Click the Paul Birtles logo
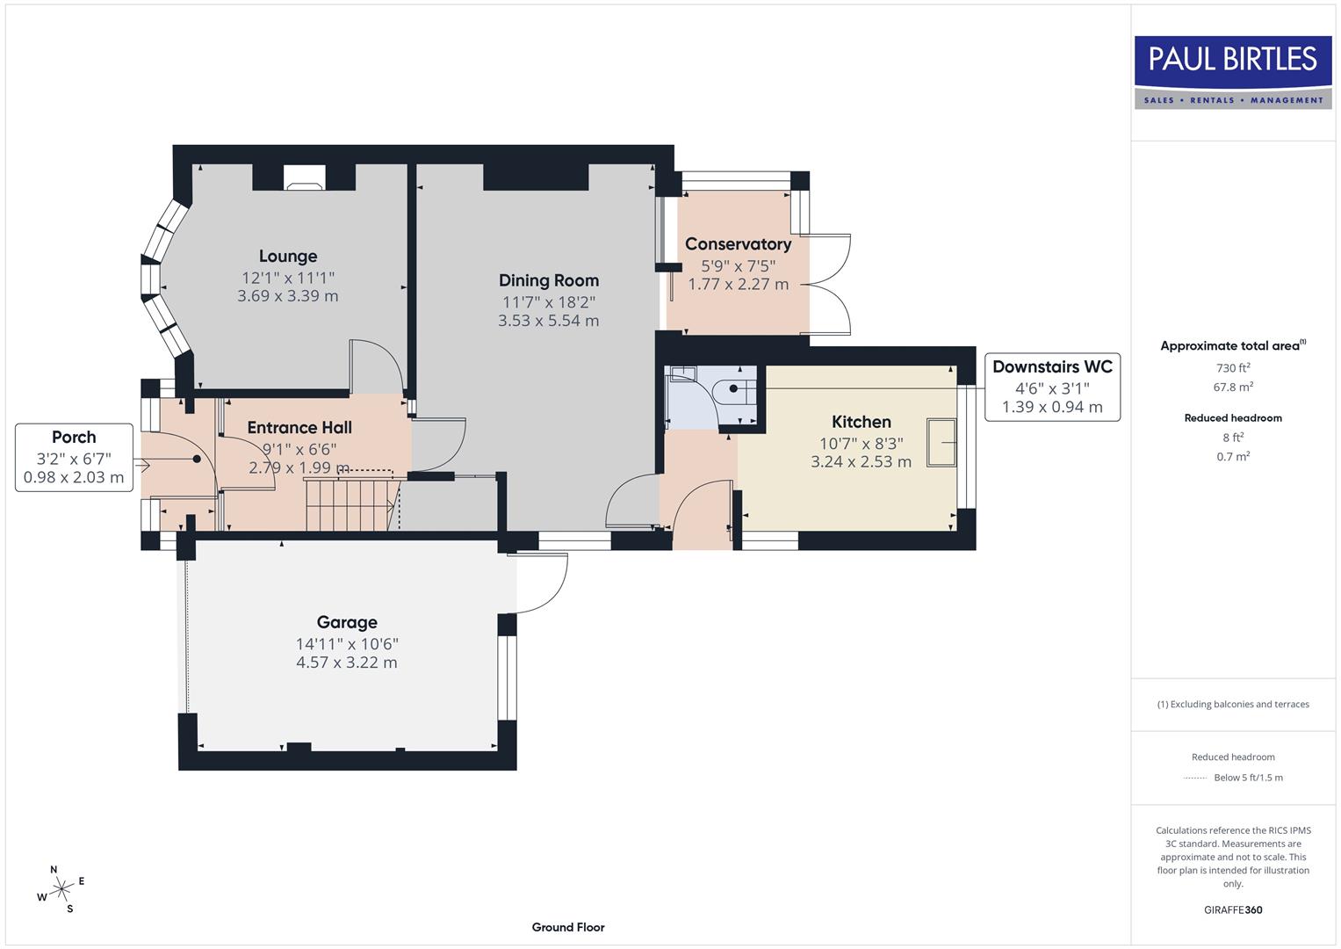click(x=1232, y=72)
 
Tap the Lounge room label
click(x=288, y=257)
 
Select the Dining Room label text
click(x=549, y=280)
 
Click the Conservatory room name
click(x=738, y=244)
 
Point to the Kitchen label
click(x=861, y=422)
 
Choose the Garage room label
click(x=347, y=622)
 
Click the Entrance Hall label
click(x=299, y=428)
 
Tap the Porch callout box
click(x=75, y=457)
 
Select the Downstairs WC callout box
click(x=1052, y=387)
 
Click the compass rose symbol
click(x=61, y=889)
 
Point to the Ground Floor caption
click(x=568, y=927)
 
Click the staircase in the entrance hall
click(x=350, y=503)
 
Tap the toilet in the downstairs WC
click(x=734, y=388)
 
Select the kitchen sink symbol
click(x=943, y=441)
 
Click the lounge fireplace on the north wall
click(x=304, y=180)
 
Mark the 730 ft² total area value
click(x=1233, y=368)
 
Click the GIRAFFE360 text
click(x=1233, y=909)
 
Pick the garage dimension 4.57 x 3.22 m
click(x=347, y=663)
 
